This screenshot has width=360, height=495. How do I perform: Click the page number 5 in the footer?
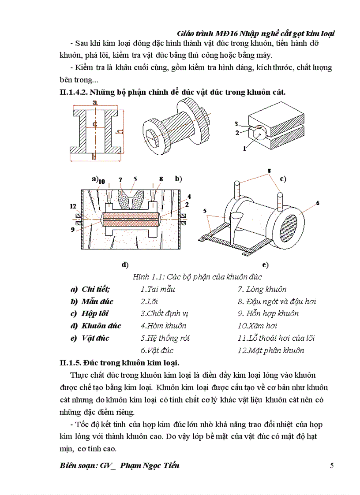click(331, 465)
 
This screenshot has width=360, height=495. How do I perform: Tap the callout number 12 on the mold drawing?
click(73, 206)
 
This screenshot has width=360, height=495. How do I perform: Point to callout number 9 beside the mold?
click(73, 229)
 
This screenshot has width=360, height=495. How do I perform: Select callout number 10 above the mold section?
click(101, 181)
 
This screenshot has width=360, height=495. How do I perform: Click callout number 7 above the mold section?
click(120, 180)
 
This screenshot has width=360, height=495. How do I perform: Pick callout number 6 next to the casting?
click(317, 203)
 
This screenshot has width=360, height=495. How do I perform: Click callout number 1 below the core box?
click(244, 149)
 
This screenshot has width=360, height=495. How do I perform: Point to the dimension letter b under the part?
click(93, 157)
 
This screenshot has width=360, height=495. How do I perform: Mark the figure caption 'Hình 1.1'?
click(147, 277)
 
